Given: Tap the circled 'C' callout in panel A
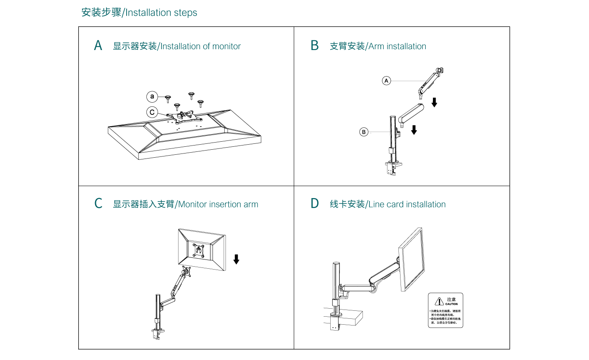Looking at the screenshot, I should click(x=152, y=112).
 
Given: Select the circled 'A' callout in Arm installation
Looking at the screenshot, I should click(x=387, y=80).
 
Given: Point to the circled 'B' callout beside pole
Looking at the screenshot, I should click(x=364, y=132).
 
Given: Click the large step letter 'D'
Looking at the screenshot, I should click(x=315, y=204).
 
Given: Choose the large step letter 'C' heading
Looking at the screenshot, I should click(x=98, y=204).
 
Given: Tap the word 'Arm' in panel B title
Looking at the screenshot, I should click(x=376, y=46).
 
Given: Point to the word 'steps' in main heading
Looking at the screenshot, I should click(x=185, y=13).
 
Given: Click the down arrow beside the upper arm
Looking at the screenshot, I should click(x=434, y=102).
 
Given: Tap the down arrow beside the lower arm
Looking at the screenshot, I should click(x=414, y=130).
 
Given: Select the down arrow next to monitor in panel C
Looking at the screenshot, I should click(x=236, y=259).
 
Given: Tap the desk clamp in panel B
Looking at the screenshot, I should click(x=391, y=168).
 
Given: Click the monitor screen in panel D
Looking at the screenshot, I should click(x=412, y=259).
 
